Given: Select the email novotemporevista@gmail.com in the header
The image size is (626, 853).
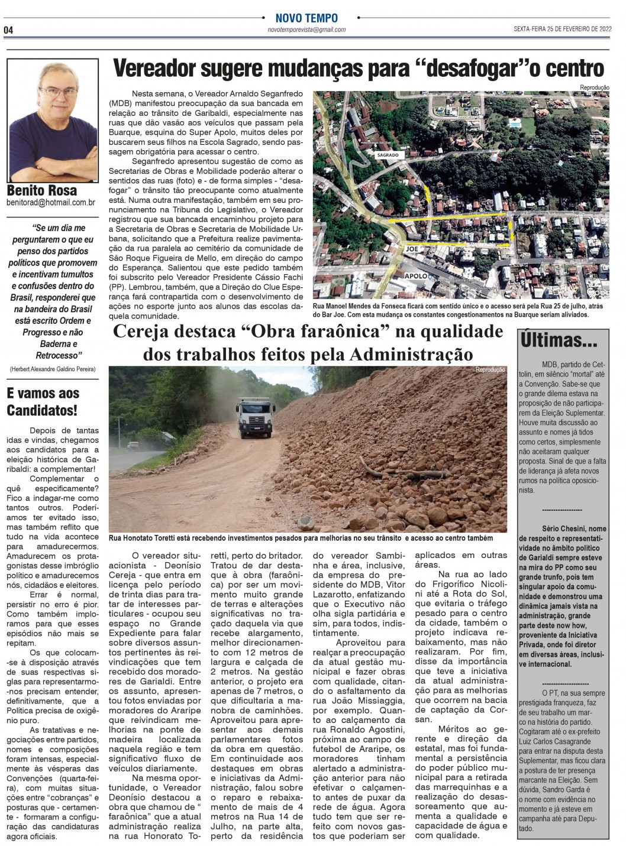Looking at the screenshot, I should tap(306, 30).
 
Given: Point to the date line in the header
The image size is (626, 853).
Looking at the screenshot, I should tap(562, 29).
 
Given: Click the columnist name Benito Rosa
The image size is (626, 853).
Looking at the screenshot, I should tap(41, 190).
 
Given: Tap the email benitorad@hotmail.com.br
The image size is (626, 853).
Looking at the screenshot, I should tap(51, 203).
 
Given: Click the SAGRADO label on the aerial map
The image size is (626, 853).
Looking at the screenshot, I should tap(388, 155).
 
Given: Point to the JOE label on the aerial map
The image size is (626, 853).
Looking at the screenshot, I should tap(412, 249).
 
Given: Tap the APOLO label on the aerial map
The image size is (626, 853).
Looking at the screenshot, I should tap(417, 276).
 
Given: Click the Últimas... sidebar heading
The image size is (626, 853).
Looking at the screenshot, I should tap(559, 340).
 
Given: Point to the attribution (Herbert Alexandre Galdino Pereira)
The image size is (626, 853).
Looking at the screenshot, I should tap(52, 369).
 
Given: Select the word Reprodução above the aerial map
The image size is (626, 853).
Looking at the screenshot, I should tap(595, 87).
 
